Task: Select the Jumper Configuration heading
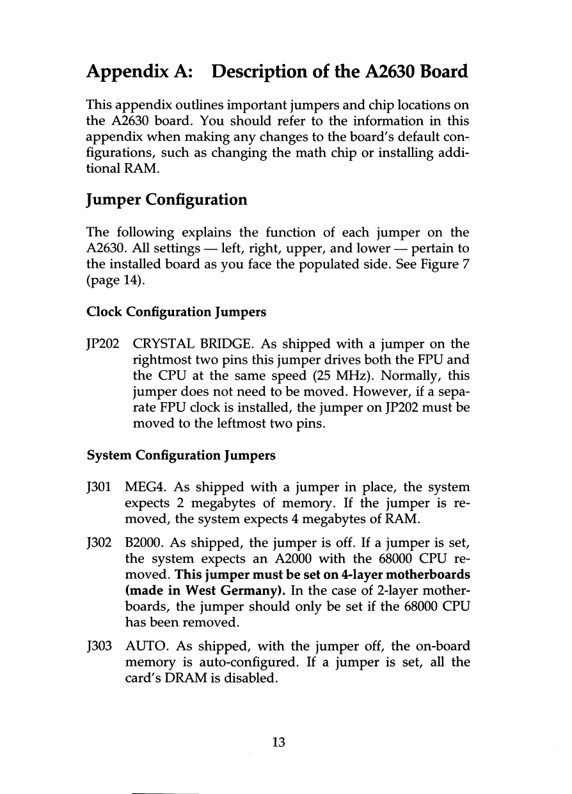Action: (166, 200)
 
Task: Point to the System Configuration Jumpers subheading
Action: (181, 456)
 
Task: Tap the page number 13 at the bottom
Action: (278, 742)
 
